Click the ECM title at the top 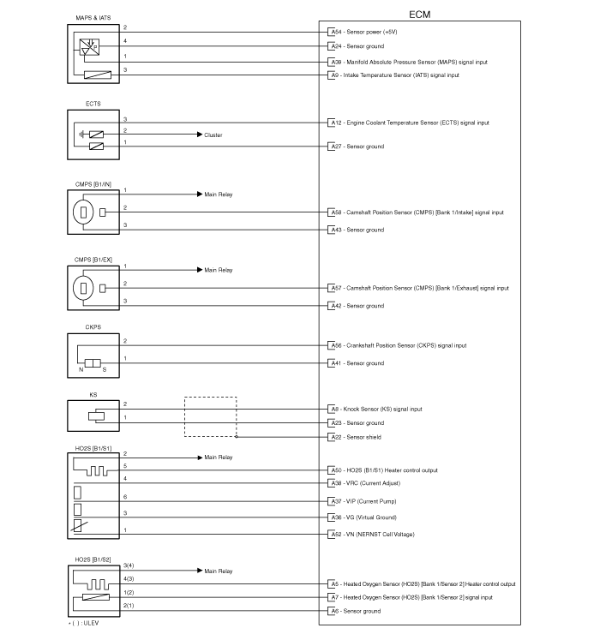tap(419, 15)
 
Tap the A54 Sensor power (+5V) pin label tap(364, 32)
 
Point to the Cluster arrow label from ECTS tap(213, 135)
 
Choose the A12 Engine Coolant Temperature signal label tap(410, 123)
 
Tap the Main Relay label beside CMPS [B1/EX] tap(218, 270)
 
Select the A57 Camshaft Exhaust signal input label tap(420, 288)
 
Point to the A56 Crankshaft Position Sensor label tap(399, 346)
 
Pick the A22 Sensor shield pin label tap(357, 437)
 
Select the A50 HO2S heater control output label tap(384, 470)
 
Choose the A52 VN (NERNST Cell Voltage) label tap(373, 535)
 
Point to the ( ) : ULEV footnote tap(84, 623)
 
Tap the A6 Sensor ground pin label tap(356, 611)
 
